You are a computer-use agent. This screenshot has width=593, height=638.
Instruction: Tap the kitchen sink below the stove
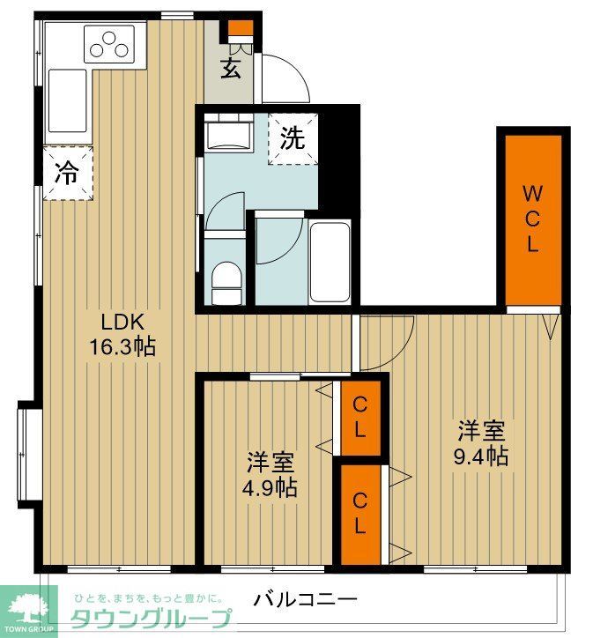click(x=67, y=99)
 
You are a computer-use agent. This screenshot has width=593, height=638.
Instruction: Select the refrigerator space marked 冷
click(x=65, y=173)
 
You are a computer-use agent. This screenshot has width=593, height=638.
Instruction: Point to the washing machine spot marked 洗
click(x=293, y=139)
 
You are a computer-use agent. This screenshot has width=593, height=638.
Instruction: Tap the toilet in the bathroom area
click(x=227, y=280)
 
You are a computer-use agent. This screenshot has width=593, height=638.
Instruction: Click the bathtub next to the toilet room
click(x=330, y=250)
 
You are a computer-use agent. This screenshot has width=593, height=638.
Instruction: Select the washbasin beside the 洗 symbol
click(x=228, y=137)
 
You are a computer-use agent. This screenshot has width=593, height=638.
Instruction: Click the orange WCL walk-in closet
click(x=532, y=219)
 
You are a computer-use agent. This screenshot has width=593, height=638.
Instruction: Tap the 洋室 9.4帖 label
click(x=481, y=443)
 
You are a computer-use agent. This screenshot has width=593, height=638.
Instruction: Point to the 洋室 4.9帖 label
click(x=271, y=474)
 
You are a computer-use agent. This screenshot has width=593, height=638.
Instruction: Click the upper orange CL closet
click(x=360, y=418)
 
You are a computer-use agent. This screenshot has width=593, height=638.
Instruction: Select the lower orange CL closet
click(x=360, y=514)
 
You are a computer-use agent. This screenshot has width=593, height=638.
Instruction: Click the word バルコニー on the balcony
click(x=306, y=601)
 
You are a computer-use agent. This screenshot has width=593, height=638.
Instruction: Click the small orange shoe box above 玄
click(x=239, y=28)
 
